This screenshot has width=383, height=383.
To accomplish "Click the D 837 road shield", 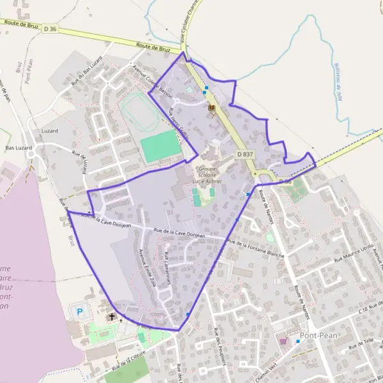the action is coord(244,154).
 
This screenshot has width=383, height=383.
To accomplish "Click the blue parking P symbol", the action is coord(80,312).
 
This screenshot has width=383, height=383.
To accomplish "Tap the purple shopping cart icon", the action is coord(283,341).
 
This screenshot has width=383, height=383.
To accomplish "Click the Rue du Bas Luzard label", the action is coord(87,75).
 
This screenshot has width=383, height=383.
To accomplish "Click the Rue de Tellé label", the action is coord(361,345).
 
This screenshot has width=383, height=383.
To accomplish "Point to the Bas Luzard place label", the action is coord(19,147).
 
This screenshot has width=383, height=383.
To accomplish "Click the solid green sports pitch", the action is coord(158,146).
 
